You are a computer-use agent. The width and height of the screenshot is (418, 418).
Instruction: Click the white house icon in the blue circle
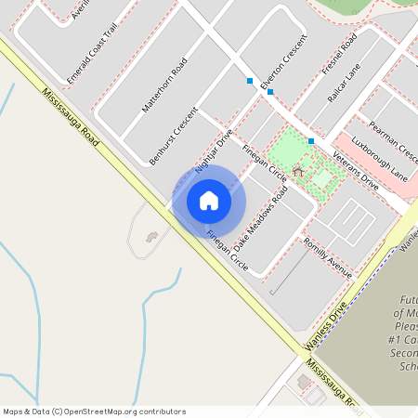coord(209,201)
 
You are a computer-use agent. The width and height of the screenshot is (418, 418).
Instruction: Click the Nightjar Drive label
coord(213,151)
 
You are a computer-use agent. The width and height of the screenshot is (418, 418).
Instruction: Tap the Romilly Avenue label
coord(327,257)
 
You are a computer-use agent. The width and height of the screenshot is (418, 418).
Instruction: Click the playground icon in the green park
coord(298,171)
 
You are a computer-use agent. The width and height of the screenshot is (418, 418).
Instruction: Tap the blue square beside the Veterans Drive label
coord(311,141)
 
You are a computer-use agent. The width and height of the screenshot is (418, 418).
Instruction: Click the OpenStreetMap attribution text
coord(94,411)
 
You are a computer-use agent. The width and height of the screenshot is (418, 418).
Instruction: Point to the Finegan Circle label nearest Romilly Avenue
coord(227,251)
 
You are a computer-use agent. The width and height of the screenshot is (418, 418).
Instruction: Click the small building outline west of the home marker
coord(151,238)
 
